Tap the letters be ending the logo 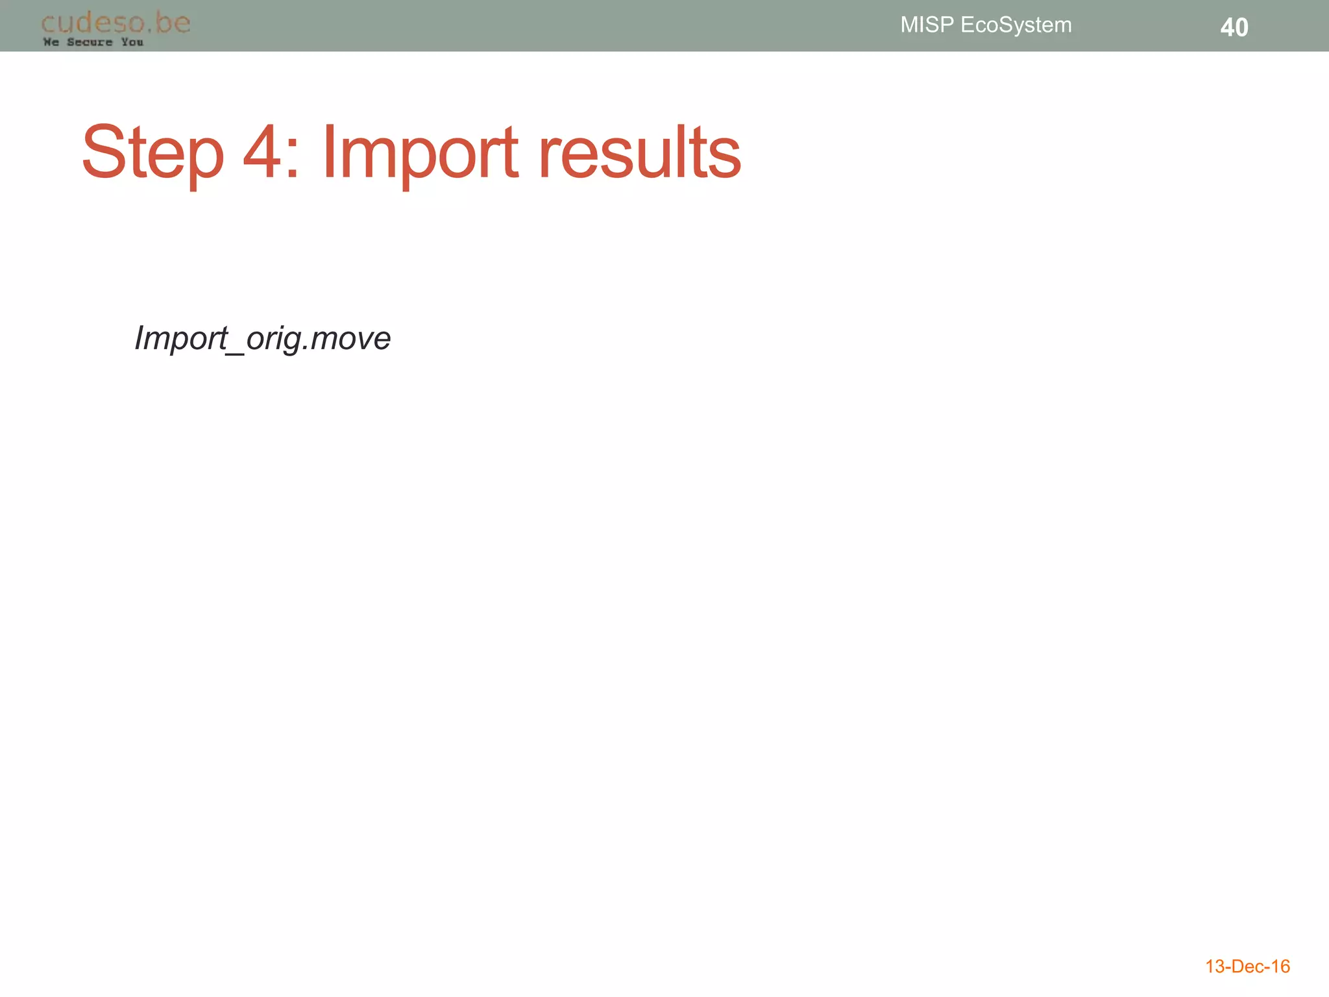tap(173, 23)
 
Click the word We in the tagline tap(51, 42)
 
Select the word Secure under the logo tap(90, 42)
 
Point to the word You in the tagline tap(132, 42)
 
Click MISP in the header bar tap(927, 25)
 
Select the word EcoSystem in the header tap(1016, 25)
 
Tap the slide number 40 tap(1234, 27)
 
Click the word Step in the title tap(152, 153)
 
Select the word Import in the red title tap(420, 153)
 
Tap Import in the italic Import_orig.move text tap(181, 338)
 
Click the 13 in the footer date tap(1215, 966)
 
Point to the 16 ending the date tap(1280, 966)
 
